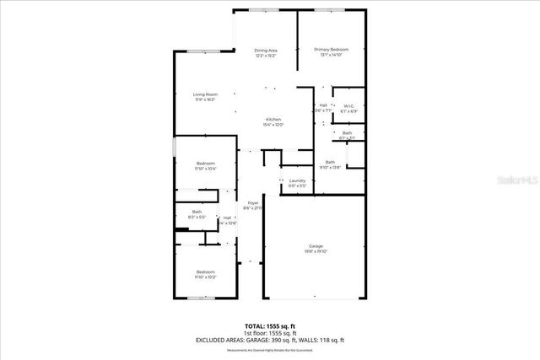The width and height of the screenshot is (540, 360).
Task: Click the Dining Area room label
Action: pos(266,51)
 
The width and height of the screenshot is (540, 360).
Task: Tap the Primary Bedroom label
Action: pos(332,50)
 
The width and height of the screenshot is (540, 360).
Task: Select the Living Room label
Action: pos(205,94)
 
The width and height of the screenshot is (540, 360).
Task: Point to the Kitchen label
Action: pos(273,119)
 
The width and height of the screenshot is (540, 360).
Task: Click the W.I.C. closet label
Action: pos(348,106)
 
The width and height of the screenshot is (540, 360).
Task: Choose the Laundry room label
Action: pos(297,180)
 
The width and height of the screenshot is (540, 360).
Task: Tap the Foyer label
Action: pos(253,203)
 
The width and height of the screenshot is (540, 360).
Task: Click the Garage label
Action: pos(315,245)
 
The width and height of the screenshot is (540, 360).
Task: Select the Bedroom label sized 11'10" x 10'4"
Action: pos(206,163)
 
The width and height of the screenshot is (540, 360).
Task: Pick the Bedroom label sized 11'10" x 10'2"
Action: pos(206,271)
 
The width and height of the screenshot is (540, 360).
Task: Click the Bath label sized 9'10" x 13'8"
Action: pos(330,162)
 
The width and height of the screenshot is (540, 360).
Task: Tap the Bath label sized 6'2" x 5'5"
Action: pos(197,212)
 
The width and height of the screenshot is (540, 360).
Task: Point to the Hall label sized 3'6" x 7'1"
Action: pos(323,105)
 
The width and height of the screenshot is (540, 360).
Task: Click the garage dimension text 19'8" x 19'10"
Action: pos(315,251)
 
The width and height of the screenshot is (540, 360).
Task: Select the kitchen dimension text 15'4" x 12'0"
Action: pos(273,125)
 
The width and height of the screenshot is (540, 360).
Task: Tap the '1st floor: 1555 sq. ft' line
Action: pos(270,332)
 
